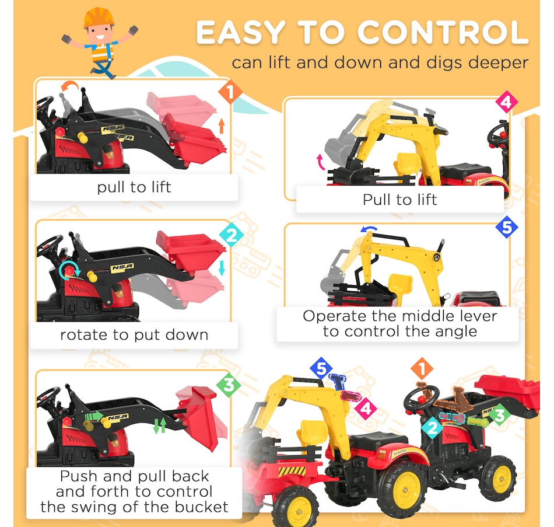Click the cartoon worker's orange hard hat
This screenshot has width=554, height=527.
(x=99, y=17)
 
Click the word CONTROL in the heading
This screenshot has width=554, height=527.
(x=443, y=33)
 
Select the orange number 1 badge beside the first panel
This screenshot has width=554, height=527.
(x=230, y=92)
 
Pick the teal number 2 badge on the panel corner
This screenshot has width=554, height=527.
(x=232, y=235)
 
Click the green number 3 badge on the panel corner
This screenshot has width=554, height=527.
(x=229, y=385)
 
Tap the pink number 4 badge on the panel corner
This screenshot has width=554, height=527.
(x=506, y=102)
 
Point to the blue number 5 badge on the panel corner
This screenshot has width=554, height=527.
(x=507, y=227)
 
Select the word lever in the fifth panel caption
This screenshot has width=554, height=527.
(x=478, y=316)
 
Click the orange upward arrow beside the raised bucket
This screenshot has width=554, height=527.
(x=222, y=125)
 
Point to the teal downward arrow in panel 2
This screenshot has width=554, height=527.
(x=222, y=268)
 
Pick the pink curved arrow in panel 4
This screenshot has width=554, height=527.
(x=321, y=163)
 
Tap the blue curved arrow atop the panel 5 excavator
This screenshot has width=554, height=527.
(x=369, y=229)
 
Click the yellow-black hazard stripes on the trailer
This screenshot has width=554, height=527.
(x=292, y=471)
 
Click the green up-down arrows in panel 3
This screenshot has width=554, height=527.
(x=160, y=425)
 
